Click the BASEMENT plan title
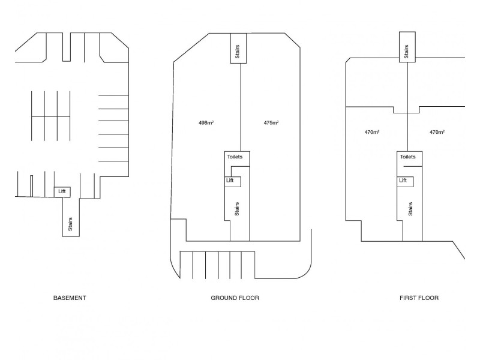[x=70, y=298]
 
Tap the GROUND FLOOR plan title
[x=235, y=298]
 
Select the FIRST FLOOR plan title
[x=419, y=298]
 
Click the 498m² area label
[x=206, y=123]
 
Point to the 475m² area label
[x=271, y=123]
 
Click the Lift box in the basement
[x=62, y=191]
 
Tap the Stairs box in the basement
[x=70, y=223]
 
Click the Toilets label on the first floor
[x=407, y=157]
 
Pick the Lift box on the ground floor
[x=230, y=180]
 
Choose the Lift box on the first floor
[x=403, y=180]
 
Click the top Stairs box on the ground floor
[x=237, y=52]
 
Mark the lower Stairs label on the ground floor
[x=238, y=209]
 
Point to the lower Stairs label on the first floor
[x=410, y=209]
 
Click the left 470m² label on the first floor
[x=372, y=132]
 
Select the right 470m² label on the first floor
[x=437, y=132]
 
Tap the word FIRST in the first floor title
[x=408, y=298]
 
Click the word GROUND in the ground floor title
[x=223, y=298]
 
